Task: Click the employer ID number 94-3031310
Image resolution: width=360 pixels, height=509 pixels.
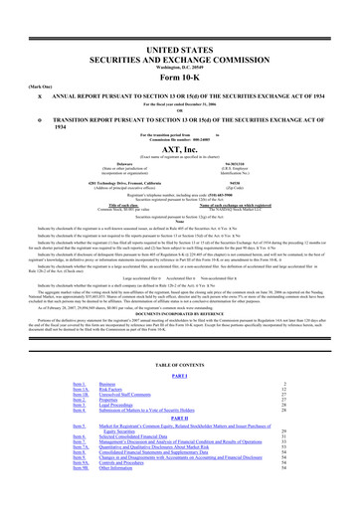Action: click(234, 130)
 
